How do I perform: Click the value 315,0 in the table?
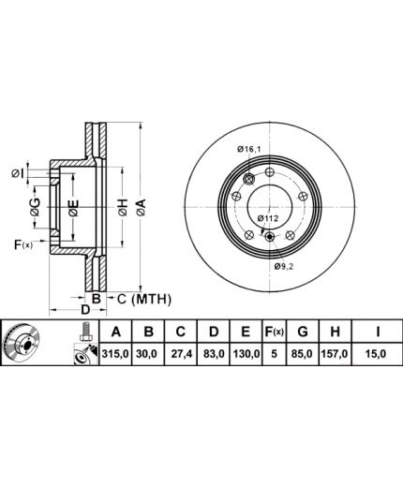click(115, 354)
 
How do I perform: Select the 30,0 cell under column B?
click(148, 354)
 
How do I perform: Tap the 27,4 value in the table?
click(181, 354)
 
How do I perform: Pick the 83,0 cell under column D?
click(214, 354)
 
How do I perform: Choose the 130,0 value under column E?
click(246, 354)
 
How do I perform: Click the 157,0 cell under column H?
click(335, 354)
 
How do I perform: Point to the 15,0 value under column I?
click(378, 354)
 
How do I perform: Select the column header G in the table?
click(303, 332)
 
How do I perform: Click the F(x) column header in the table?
click(274, 332)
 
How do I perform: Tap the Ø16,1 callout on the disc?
click(248, 149)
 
